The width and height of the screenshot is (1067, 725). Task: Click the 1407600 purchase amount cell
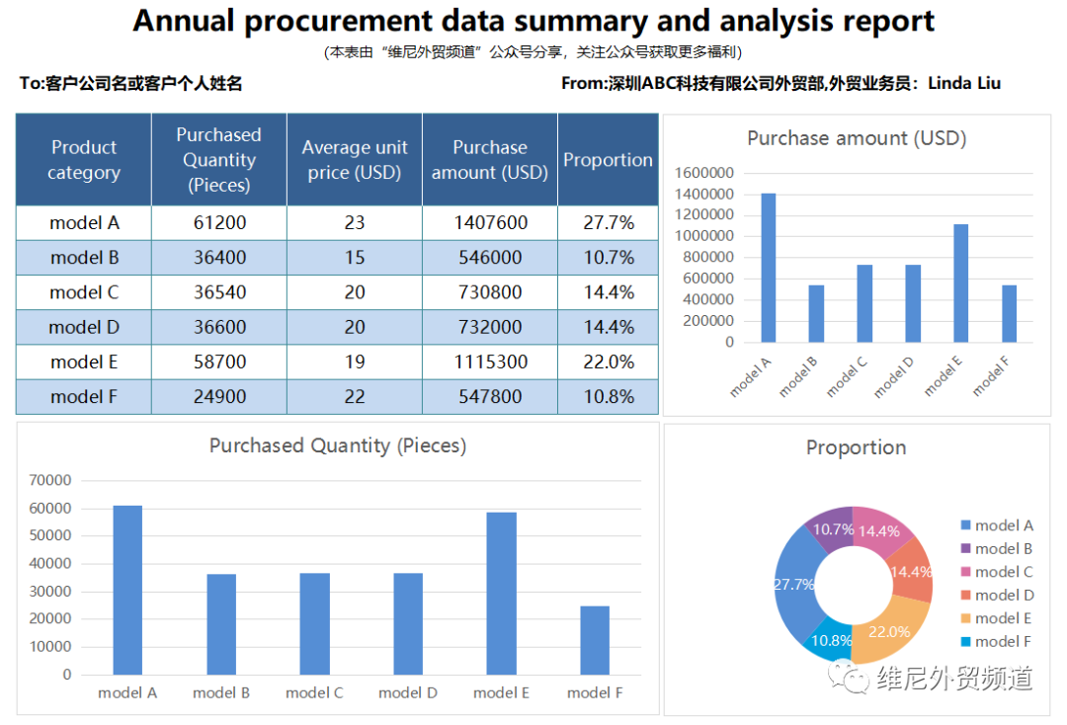click(490, 223)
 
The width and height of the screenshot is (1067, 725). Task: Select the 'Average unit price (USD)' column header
click(355, 160)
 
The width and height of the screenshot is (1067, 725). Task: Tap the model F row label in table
click(84, 397)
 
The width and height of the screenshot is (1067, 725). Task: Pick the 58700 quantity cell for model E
click(219, 362)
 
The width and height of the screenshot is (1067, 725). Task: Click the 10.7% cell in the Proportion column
click(609, 258)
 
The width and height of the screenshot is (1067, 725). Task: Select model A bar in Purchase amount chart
click(768, 268)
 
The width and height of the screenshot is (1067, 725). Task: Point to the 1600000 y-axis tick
click(704, 173)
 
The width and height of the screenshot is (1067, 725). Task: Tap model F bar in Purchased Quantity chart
click(595, 640)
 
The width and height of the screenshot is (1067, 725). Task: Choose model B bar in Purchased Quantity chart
click(220, 624)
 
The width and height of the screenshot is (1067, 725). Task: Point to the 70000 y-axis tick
click(51, 481)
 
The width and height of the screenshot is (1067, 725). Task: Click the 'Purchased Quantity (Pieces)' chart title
click(338, 446)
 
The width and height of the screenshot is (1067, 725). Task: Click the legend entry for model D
click(1003, 595)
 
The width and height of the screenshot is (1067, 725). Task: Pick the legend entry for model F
click(1002, 641)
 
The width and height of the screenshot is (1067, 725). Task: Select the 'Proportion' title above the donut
click(856, 447)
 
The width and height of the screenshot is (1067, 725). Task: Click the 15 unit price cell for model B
click(355, 258)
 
